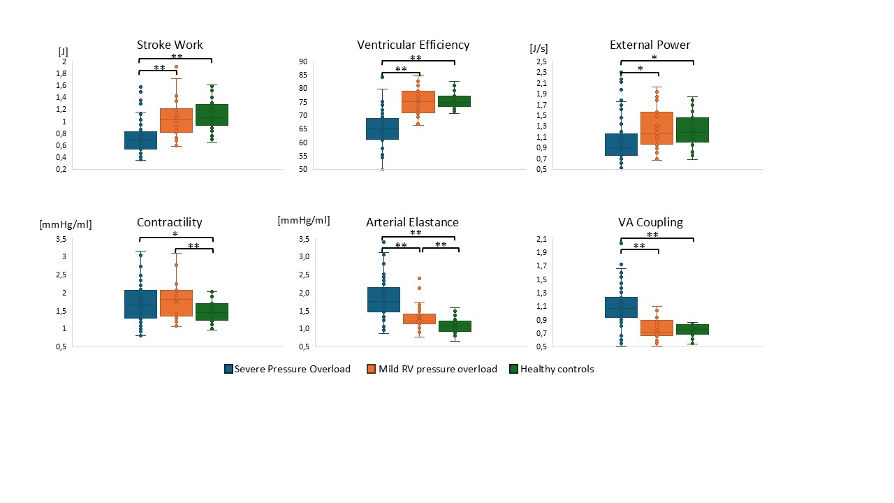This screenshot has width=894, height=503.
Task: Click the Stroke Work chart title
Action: click(x=170, y=45)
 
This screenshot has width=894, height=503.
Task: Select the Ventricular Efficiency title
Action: click(x=413, y=45)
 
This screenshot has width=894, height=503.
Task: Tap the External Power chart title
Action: click(x=650, y=45)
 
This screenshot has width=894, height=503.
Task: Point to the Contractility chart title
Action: click(x=169, y=222)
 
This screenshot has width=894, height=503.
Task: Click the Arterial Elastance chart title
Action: click(x=412, y=222)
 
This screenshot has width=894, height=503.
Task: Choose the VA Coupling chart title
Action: click(x=650, y=222)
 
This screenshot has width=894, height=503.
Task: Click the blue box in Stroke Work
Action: click(x=140, y=140)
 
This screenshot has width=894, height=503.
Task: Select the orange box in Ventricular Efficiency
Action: click(x=418, y=101)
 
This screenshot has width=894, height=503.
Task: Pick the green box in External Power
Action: click(x=693, y=129)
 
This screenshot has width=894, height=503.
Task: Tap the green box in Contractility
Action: click(x=212, y=312)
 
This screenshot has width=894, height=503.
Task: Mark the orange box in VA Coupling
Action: click(x=656, y=328)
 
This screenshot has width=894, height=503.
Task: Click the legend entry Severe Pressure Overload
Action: click(x=287, y=369)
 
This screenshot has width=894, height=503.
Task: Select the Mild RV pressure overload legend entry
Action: click(x=432, y=369)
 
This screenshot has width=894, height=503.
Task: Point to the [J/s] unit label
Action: click(x=540, y=48)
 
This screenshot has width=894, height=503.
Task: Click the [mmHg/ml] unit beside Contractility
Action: click(x=65, y=224)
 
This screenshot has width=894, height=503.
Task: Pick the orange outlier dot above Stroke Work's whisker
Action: click(x=176, y=67)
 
